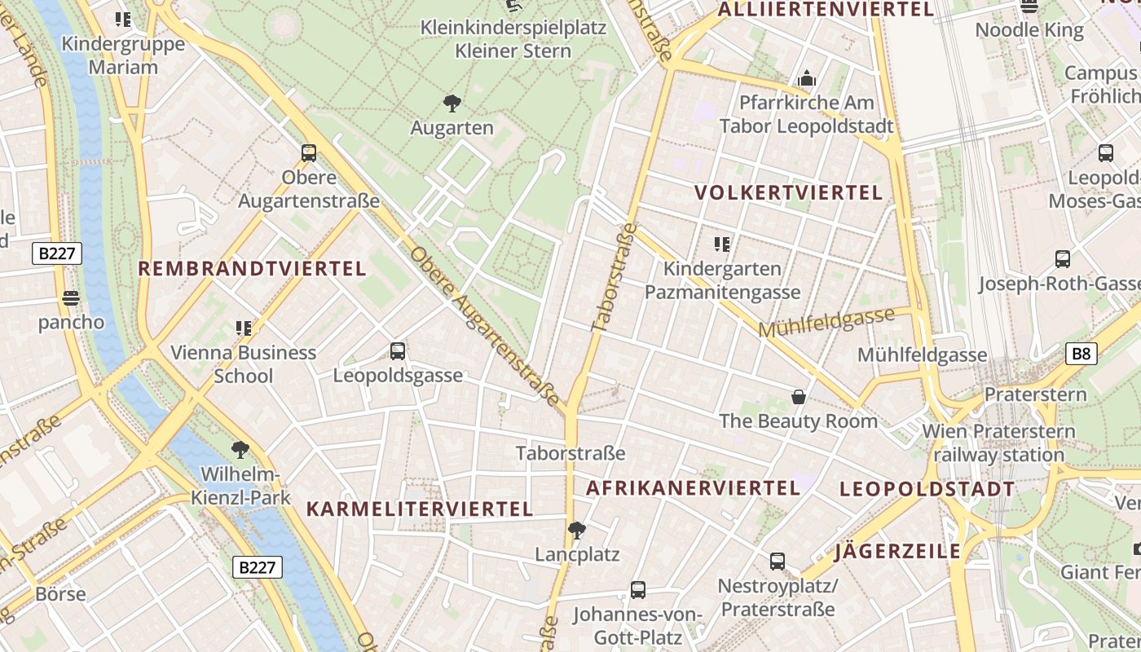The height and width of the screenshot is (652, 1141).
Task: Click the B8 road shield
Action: pos(1081,354)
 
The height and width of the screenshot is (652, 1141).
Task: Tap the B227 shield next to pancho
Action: pos(57,253)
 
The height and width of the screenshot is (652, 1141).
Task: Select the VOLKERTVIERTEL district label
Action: pos(788,193)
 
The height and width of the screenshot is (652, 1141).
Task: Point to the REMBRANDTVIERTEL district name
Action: pos(252,269)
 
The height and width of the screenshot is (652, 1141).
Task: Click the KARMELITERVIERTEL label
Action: pos(419,509)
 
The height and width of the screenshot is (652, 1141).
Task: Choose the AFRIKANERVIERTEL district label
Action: pos(693,488)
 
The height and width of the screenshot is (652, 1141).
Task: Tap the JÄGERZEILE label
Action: pos(898,552)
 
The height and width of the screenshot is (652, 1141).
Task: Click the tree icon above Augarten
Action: pos(452,104)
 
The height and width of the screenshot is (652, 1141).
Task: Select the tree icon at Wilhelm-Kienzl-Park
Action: pos(240,449)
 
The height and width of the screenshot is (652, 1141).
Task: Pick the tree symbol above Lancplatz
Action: pos(576,531)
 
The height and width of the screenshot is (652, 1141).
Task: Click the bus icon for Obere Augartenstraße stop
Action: pos(309,152)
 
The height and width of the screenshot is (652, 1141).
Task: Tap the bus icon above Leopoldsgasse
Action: pos(398,351)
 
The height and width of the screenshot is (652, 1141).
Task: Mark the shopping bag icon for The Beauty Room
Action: pos(798,397)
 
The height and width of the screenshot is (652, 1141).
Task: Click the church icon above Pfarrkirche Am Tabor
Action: pos(807,78)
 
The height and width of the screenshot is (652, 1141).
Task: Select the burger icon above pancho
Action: pos(71,298)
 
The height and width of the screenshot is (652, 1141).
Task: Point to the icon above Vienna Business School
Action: pos(243,328)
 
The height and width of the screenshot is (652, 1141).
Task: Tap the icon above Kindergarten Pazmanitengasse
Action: pos(721,244)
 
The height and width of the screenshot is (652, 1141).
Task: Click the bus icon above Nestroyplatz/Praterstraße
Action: pos(778,562)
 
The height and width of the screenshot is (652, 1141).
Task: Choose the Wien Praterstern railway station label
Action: pos(998,443)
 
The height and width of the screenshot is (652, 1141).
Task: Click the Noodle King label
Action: pos(1029,31)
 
